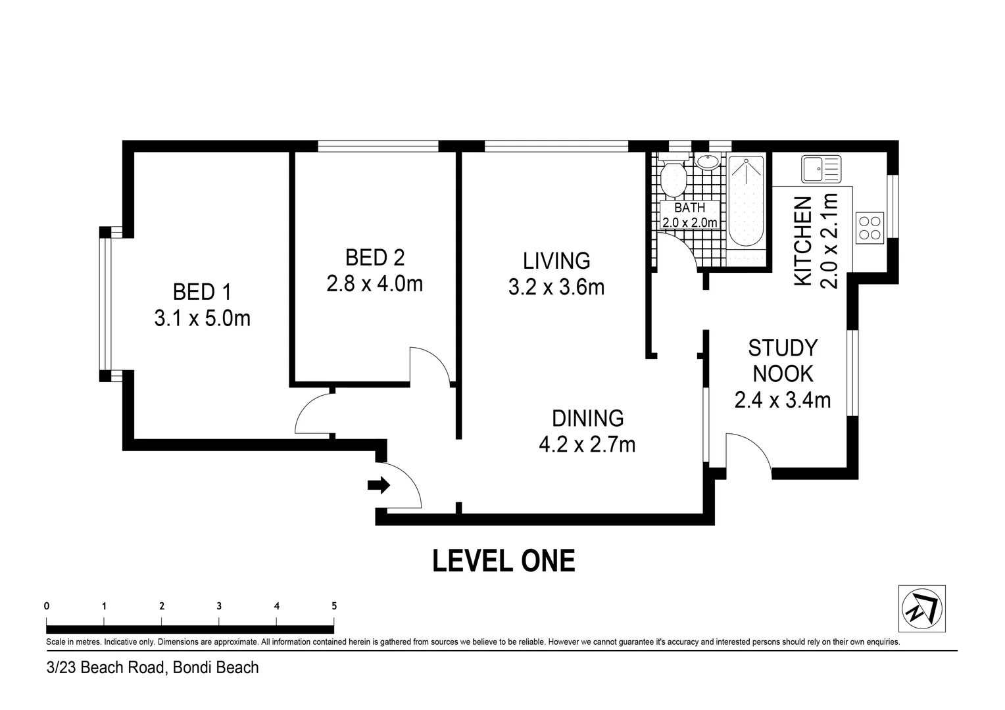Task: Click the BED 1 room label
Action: pos(202,293)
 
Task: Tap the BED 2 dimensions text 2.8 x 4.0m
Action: pos(375,284)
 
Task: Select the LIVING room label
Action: pos(556,261)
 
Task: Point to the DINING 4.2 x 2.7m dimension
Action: pos(587,444)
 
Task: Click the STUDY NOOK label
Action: pos(783,361)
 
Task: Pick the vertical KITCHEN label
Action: pos(803,241)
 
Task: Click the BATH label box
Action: pos(689,215)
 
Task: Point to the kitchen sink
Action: pos(821,169)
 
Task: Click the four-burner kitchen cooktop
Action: pos(870,228)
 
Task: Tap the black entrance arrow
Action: pos(379,485)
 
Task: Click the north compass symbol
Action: pos(921,609)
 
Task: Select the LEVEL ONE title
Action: pos(503,561)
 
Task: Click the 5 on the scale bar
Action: pos(334,606)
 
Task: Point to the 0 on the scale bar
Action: pos(47,606)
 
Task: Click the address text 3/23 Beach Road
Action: pos(107,668)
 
